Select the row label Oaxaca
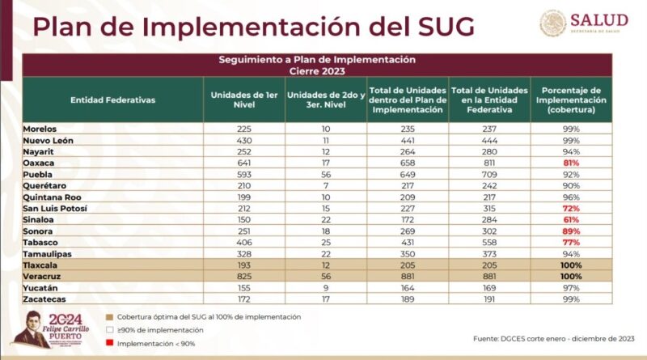click(39, 163)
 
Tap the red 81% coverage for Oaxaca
click(571, 163)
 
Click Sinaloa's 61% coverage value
click(571, 219)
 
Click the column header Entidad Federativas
click(113, 100)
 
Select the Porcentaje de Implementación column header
click(571, 100)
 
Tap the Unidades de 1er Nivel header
click(243, 100)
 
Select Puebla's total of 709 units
click(489, 173)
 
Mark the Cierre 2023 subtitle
click(317, 70)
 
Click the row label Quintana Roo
click(50, 197)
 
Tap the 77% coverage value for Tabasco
click(571, 242)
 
